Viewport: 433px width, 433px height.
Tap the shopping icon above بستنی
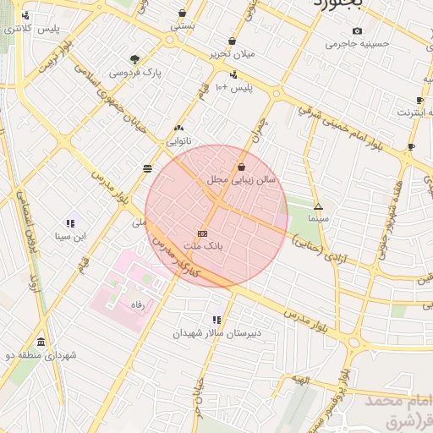[x=183, y=14]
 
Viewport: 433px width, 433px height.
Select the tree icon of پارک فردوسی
[x=135, y=59]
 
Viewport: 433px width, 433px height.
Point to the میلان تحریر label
[x=232, y=54]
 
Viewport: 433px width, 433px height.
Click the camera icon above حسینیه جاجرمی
[x=358, y=30]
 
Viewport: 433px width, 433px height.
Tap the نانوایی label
[x=178, y=141]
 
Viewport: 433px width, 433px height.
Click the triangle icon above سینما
[x=318, y=206]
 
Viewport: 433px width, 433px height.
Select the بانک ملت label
[x=203, y=245]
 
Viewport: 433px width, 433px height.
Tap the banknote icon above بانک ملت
[x=202, y=233]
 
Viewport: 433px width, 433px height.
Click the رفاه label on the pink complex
[x=135, y=304]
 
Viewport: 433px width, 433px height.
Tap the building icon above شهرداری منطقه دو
[x=41, y=342]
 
